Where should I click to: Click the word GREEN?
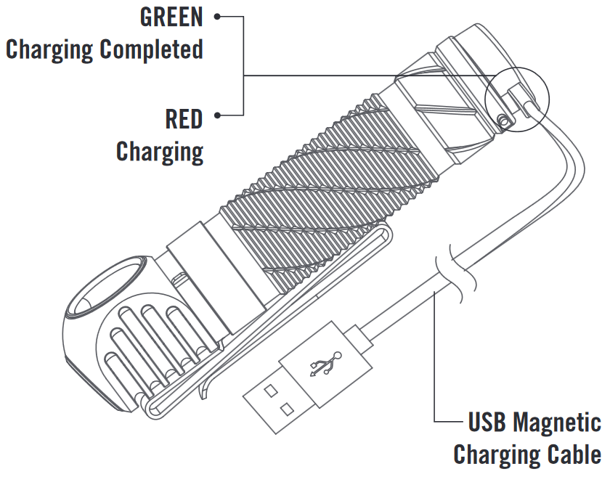pos(171,17)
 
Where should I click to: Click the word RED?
pos(184,118)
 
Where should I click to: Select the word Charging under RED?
pos(160,151)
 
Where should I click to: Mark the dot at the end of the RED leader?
pos(218,115)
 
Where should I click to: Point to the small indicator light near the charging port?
pos(501,120)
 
